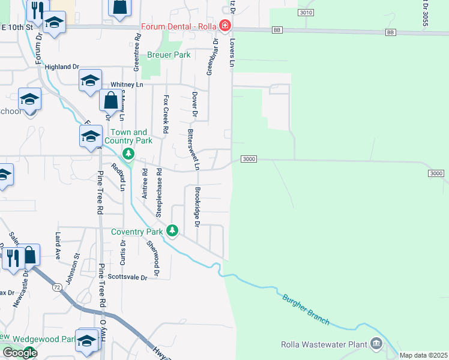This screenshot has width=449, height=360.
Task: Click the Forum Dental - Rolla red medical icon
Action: click(225, 26)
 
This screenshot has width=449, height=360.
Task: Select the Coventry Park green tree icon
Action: click(173, 230)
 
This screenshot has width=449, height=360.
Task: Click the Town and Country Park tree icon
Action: click(128, 154)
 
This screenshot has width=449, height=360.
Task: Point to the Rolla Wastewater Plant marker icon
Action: click(376, 344)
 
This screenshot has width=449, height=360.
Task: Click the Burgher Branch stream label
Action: click(306, 308)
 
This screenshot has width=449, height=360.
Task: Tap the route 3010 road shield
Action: click(306, 12)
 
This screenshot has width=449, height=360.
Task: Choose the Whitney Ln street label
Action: click(127, 85)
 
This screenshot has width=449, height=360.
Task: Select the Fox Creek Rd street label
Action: click(166, 114)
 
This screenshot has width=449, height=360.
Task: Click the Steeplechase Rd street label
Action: click(159, 192)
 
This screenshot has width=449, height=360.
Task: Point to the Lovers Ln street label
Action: click(232, 53)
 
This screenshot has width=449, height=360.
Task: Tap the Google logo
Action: click(20, 353)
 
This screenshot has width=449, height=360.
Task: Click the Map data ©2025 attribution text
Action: click(423, 355)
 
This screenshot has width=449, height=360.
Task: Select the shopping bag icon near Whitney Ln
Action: click(111, 100)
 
